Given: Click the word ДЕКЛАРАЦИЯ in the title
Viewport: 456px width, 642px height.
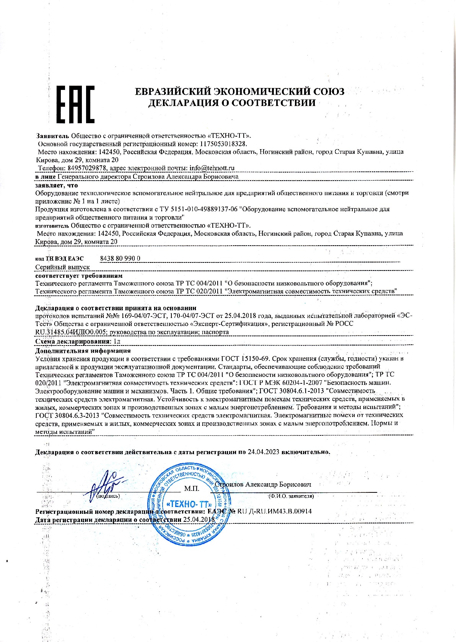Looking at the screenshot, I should coord(185,103).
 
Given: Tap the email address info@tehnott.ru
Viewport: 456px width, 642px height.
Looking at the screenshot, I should coord(212,168).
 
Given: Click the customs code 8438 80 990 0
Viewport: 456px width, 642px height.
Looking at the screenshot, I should coord(120,258).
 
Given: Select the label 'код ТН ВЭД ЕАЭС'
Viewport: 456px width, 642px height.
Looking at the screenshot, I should coord(59,259).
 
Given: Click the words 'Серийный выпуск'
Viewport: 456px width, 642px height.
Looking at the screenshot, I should coord(62,267).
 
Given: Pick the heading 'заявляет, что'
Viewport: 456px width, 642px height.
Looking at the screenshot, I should coord(56,185).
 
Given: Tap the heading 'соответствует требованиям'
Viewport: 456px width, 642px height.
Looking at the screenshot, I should coord(79,275).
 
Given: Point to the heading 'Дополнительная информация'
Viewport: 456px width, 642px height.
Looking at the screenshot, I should coord(83,350).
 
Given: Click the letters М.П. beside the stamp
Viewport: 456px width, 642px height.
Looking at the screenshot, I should coord(192,489).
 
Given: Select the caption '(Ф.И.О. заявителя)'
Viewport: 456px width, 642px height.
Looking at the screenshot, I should coord(291,496).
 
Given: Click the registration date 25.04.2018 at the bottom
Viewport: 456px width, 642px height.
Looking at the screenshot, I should coord(199,520).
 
